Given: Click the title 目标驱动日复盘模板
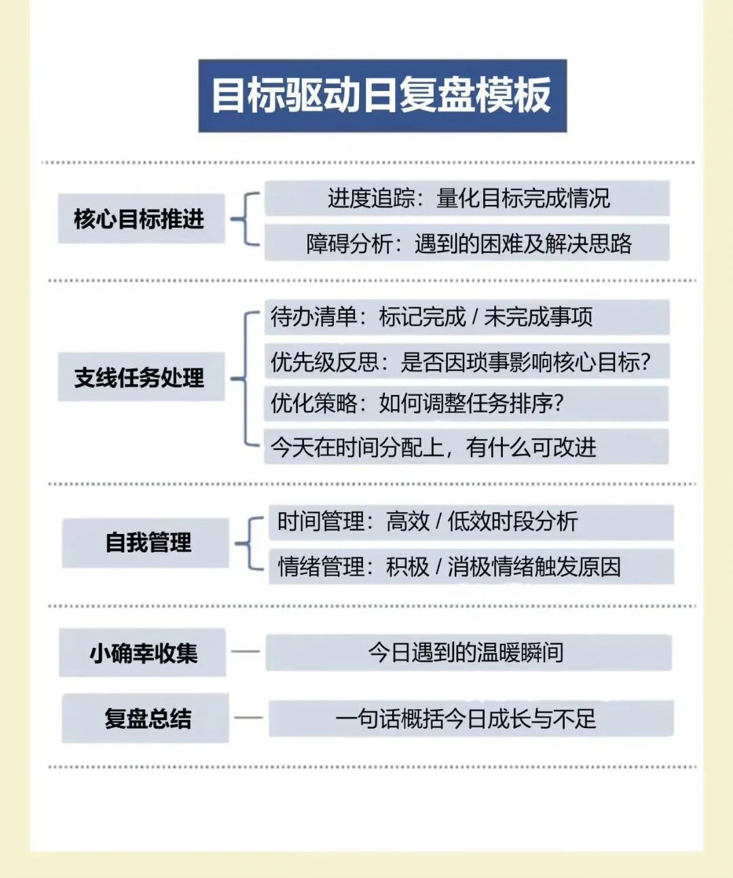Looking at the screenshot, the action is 382,96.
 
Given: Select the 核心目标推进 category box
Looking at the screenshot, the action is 141,218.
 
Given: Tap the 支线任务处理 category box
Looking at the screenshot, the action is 141,377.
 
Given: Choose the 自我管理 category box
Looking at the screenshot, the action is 145,543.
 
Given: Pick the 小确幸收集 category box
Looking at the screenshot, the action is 142,653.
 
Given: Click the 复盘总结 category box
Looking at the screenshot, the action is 145,719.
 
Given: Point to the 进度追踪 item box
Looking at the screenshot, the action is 467,198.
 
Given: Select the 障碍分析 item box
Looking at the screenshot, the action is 467,243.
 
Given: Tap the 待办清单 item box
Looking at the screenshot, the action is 467,317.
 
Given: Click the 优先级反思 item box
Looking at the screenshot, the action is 467,361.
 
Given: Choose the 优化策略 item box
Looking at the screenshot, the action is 466,404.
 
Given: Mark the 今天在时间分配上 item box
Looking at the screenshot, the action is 466,446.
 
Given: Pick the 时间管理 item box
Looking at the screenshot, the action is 471,522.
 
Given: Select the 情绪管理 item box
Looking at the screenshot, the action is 471,567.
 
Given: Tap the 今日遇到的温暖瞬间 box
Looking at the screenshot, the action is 468,653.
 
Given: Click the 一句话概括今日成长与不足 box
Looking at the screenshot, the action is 471,719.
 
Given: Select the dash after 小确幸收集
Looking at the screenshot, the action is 246,651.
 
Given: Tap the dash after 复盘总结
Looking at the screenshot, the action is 248,717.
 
